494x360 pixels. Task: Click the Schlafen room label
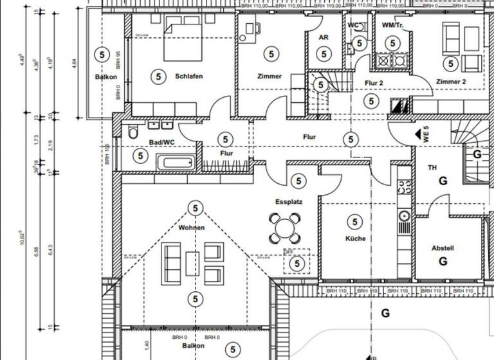coord(188,76)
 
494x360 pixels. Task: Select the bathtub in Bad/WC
coord(174,163)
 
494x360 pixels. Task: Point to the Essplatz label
coord(289,201)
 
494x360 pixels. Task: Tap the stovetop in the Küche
coord(405,187)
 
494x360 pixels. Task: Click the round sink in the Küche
coord(405,215)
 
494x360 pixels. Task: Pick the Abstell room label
coord(443,248)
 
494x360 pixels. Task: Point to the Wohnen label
coord(192,228)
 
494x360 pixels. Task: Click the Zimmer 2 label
coord(450,82)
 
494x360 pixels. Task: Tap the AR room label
coord(324,38)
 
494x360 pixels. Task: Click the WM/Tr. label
coord(392,25)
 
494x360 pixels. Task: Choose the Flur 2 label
coord(374,83)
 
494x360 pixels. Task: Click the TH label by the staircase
coord(432,168)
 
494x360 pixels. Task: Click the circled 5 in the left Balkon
coord(100,53)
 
